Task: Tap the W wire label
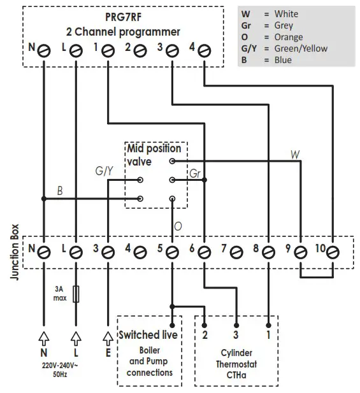[294, 154]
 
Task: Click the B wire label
[59, 190]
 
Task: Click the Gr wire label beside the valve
[195, 173]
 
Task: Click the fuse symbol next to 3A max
[76, 294]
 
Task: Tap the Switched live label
[148, 335]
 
